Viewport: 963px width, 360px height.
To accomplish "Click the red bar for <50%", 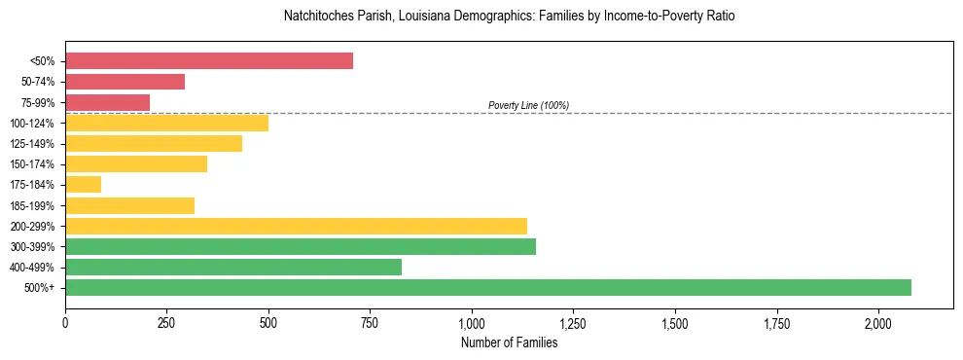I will click(209, 61).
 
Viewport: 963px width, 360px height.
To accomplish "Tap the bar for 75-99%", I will click(107, 102).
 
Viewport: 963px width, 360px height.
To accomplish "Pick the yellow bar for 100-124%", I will click(166, 123).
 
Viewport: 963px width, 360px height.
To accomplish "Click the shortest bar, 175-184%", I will click(83, 185).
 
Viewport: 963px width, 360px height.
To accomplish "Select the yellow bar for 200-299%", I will click(296, 226).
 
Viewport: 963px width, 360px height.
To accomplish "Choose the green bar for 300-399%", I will click(301, 246).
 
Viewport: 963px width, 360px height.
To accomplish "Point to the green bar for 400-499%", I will click(233, 267).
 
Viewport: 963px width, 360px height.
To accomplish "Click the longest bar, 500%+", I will click(488, 287).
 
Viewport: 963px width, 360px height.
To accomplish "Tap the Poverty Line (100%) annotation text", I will click(528, 105).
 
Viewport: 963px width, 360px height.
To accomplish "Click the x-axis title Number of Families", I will click(509, 342).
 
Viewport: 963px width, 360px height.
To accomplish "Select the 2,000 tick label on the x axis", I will click(878, 322).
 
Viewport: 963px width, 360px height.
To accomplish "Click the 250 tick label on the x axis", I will click(166, 322).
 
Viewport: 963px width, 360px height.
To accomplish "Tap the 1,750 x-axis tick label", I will click(776, 322).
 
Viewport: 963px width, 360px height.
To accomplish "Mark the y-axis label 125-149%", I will click(32, 144).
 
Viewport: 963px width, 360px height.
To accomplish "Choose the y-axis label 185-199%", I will click(32, 205).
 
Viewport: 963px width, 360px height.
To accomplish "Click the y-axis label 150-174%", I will click(32, 164).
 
